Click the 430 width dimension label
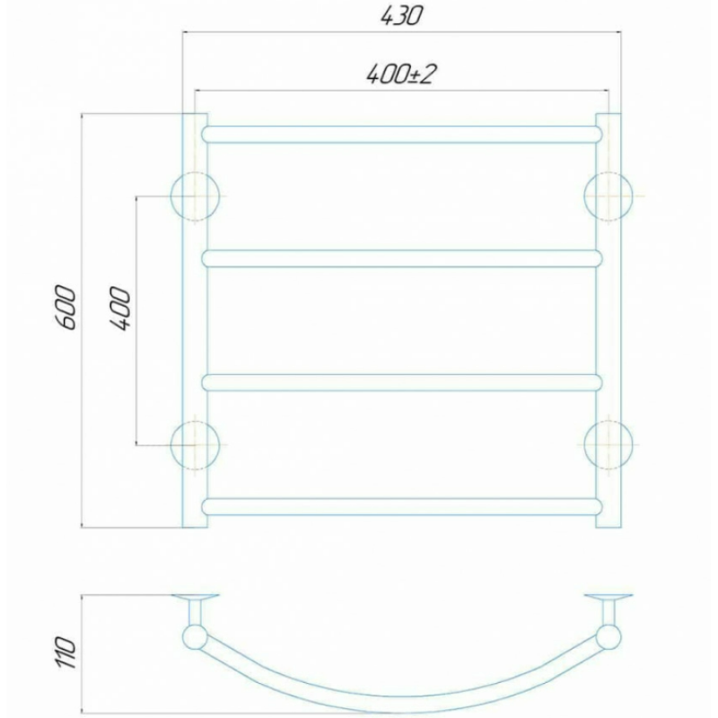pyautogui.click(x=400, y=16)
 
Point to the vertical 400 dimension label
pyautogui.click(x=120, y=308)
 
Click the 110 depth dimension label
pyautogui.click(x=66, y=652)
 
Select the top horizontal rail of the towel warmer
pyautogui.click(x=401, y=134)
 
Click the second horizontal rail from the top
pyautogui.click(x=401, y=258)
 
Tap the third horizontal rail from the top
pyautogui.click(x=401, y=383)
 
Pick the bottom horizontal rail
pyautogui.click(x=401, y=506)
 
